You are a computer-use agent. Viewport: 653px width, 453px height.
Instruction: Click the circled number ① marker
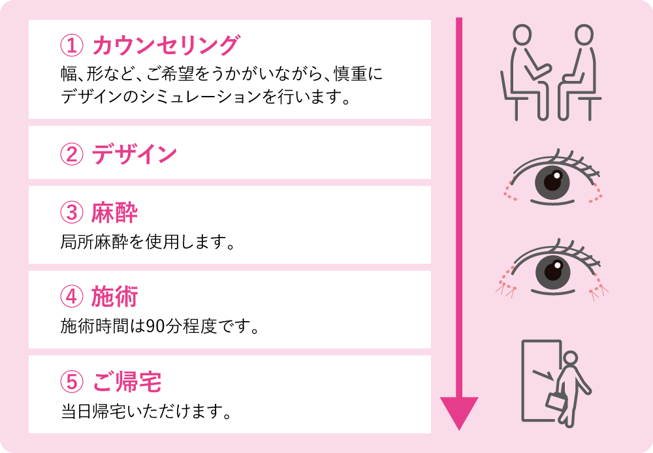coord(72,46)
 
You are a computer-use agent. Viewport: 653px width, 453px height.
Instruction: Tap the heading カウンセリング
coord(166,45)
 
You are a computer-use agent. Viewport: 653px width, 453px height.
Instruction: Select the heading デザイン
coord(134,153)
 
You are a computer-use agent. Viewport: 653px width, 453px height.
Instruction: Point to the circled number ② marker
coord(72,154)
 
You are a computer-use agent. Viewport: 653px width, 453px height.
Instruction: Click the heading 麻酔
coord(114,212)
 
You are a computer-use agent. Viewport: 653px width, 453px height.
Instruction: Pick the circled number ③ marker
coord(72,213)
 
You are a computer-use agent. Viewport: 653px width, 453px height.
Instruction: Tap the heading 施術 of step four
coord(114,297)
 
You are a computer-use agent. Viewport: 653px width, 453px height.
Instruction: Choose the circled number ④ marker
coord(72,297)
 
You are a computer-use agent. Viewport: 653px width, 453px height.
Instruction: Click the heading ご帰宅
coord(127,381)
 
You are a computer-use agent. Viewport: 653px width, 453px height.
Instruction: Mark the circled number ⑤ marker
coord(72,382)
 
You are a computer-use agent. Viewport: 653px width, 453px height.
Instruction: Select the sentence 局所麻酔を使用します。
coord(148,242)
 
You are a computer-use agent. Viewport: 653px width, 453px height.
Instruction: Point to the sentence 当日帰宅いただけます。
coord(146,411)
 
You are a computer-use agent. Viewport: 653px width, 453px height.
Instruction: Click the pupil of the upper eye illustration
coord(552,182)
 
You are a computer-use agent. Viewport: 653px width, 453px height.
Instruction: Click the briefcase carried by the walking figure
coord(556,401)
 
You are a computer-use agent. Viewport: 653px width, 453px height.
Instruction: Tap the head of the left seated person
coord(522,34)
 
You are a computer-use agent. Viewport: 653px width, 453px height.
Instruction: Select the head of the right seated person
coord(584,34)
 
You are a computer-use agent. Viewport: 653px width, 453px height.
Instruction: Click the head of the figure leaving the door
coord(570,358)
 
